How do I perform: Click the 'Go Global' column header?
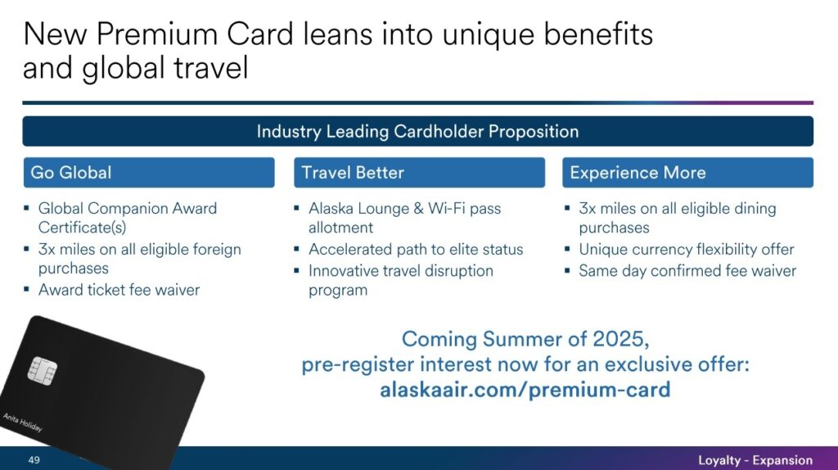pyautogui.click(x=71, y=173)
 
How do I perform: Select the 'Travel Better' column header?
pyautogui.click(x=353, y=173)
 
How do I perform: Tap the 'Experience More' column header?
pyautogui.click(x=638, y=173)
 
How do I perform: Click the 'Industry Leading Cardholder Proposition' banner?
pyautogui.click(x=417, y=132)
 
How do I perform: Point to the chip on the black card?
pyautogui.click(x=43, y=371)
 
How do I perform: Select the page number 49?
pyautogui.click(x=34, y=460)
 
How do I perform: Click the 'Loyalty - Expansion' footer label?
pyautogui.click(x=755, y=460)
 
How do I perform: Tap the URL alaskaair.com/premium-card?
pyautogui.click(x=525, y=390)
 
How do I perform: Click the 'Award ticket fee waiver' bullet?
pyautogui.click(x=119, y=290)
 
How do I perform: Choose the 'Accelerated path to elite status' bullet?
pyautogui.click(x=416, y=250)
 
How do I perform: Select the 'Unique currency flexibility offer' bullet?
pyautogui.click(x=686, y=250)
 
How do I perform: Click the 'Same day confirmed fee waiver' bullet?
pyautogui.click(x=687, y=270)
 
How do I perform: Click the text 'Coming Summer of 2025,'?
pyautogui.click(x=525, y=339)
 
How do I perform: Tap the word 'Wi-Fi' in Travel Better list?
pyautogui.click(x=443, y=209)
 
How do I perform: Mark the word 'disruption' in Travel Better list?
pyautogui.click(x=454, y=270)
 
